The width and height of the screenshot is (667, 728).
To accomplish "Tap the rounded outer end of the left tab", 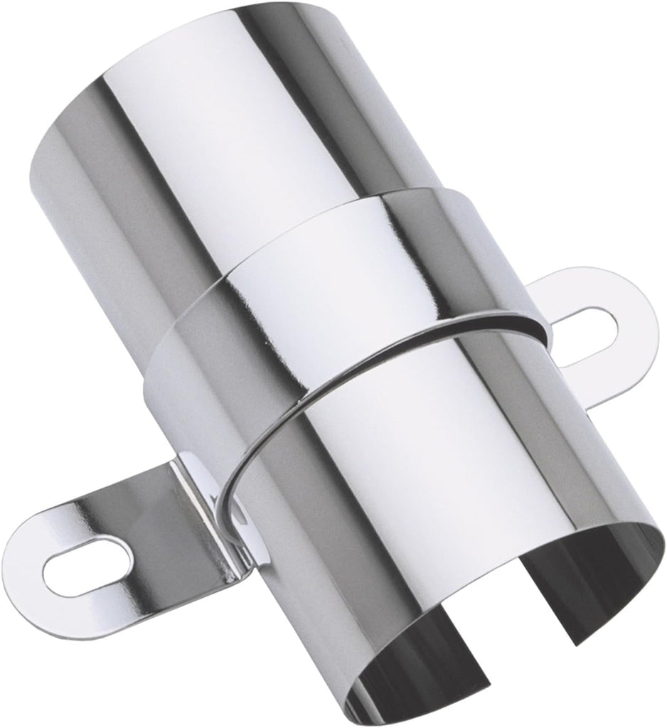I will [28, 569].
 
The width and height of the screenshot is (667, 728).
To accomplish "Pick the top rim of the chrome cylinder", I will [235, 43].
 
